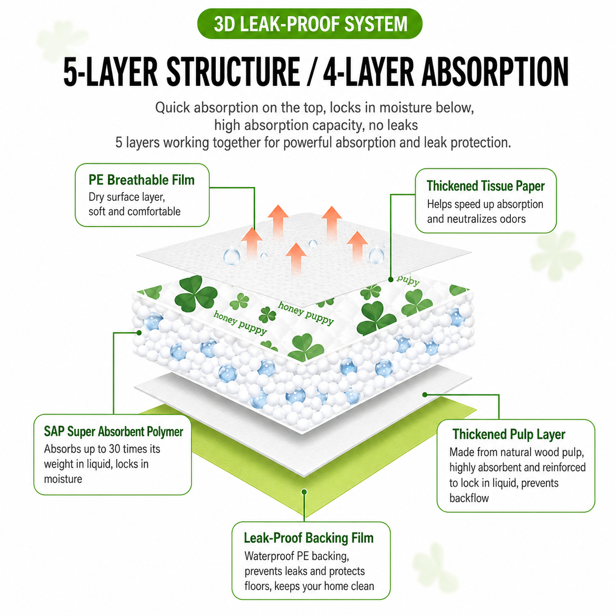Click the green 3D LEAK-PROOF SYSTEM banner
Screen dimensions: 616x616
(309, 24)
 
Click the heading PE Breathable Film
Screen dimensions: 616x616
(141, 180)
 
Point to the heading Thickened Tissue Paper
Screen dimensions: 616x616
(485, 186)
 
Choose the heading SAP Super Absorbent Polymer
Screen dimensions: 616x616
(113, 431)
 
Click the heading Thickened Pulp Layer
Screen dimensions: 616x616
(508, 434)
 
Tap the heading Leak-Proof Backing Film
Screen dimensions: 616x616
(308, 538)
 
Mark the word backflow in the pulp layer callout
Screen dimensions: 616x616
(469, 498)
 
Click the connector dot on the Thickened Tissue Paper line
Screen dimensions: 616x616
(391, 280)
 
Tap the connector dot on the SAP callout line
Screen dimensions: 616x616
(139, 333)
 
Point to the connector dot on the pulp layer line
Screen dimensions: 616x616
(425, 395)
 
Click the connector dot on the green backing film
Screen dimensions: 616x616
(305, 492)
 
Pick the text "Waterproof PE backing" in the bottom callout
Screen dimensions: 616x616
(296, 556)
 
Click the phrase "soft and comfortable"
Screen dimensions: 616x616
(134, 211)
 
